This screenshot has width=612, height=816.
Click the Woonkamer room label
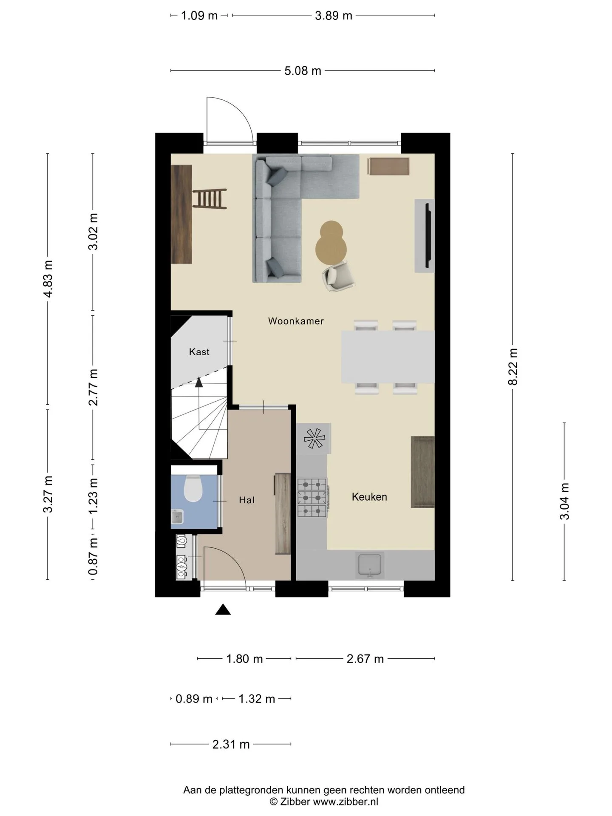pos(296,321)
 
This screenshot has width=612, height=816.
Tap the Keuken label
pos(369,497)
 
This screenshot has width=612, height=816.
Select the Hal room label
pos(246,500)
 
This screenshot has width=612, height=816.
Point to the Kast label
pos(199,352)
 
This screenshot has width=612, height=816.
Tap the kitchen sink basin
pos(370,565)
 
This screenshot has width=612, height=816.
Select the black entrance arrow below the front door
pos(223,610)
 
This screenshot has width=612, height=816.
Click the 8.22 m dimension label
pos(513,366)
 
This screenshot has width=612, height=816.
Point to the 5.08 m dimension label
pos(303,71)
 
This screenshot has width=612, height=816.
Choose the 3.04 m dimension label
pos(564,501)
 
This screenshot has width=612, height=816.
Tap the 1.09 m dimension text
pos(199,16)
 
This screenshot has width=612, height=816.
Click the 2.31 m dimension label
pos(231,744)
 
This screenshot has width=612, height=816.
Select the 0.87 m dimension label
pos(93,556)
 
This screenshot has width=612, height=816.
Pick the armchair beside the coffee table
pos(339,276)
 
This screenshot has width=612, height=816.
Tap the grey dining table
pos(388,357)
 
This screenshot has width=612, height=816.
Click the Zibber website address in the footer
pos(346,802)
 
